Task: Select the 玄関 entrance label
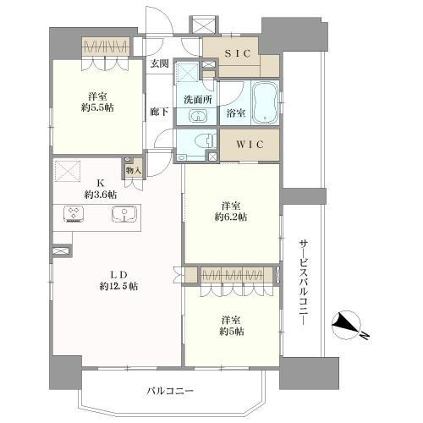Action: [x=159, y=63]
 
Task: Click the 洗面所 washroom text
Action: [x=195, y=99]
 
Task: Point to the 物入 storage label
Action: [x=134, y=170]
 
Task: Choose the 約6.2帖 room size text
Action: [x=230, y=217]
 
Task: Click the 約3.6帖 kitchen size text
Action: [x=100, y=194]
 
